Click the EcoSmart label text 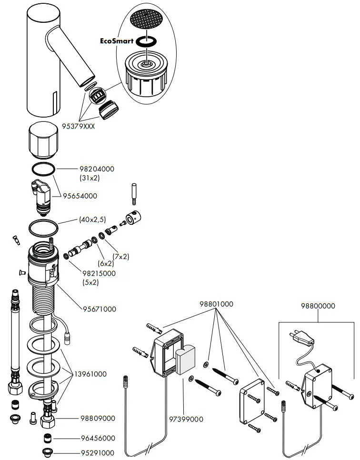coord(117,41)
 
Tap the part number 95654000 coord(80,196)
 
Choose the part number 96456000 coord(98,438)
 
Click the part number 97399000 coord(186,419)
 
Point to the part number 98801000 coord(217,304)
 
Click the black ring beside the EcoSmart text coord(147,42)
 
